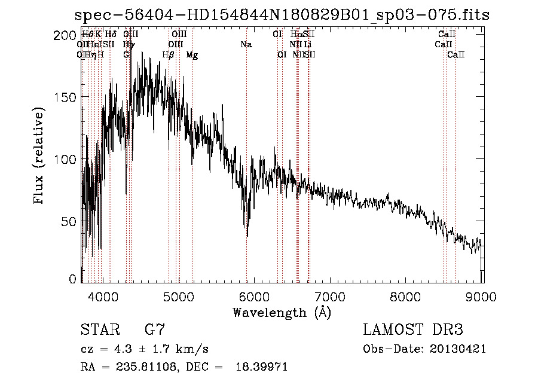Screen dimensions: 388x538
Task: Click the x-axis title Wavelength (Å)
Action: (282, 312)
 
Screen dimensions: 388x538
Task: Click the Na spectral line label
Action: (246, 45)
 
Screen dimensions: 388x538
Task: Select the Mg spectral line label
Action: (192, 55)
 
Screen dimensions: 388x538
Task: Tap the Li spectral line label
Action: (307, 45)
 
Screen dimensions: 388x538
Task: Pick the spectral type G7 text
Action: (155, 329)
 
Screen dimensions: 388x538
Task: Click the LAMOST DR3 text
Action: (412, 329)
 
